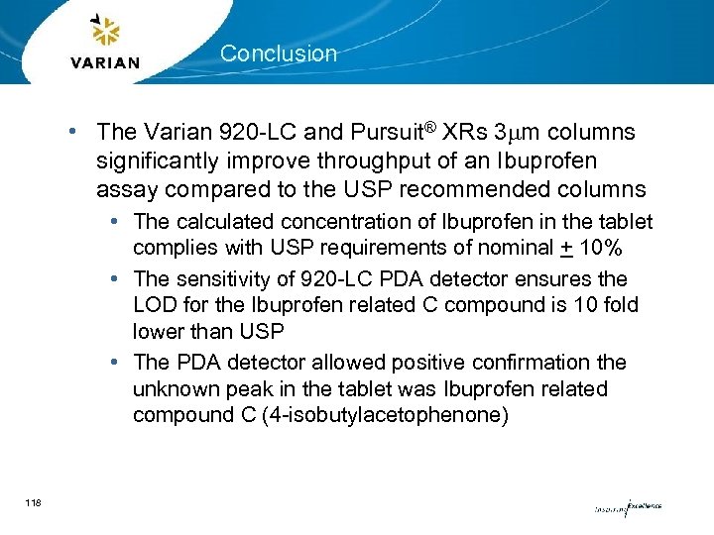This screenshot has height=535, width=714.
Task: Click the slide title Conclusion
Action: click(279, 53)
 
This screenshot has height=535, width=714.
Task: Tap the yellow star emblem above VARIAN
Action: click(104, 32)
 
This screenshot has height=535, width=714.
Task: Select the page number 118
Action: click(34, 505)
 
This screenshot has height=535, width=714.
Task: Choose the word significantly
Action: click(164, 160)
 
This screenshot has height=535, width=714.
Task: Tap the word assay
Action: click(123, 188)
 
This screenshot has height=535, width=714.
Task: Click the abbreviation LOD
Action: click(155, 305)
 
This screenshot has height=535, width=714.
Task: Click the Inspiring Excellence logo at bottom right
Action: click(627, 507)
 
